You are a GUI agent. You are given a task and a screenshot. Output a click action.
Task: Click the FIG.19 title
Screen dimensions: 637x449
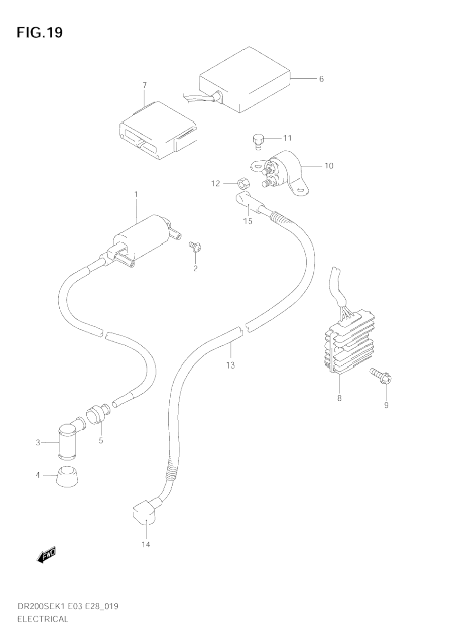click(39, 33)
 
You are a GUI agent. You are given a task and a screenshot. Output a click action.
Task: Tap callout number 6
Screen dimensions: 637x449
click(321, 79)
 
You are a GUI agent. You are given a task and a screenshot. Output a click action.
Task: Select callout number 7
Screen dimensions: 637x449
click(145, 85)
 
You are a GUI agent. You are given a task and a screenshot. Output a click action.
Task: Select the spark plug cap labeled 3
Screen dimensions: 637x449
click(67, 439)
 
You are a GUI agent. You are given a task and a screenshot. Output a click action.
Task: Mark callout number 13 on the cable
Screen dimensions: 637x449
click(230, 365)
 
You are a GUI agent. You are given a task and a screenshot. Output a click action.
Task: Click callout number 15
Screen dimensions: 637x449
click(247, 221)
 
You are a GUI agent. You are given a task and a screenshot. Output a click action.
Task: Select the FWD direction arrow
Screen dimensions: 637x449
click(46, 554)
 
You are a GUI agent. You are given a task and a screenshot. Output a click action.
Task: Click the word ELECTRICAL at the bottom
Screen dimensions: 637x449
click(43, 619)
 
